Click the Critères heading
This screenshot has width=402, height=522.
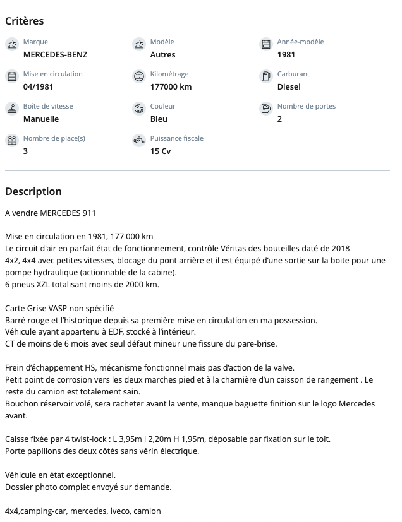[25, 21]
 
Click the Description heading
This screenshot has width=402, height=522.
[33, 191]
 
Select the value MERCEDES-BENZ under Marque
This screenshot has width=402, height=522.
[56, 54]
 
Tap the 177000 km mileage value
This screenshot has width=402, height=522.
[171, 86]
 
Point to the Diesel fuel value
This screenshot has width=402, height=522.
[289, 86]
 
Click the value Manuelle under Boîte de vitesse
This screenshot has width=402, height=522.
[41, 119]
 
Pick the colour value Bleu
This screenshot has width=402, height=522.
[159, 119]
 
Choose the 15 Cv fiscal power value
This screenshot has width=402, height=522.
[161, 151]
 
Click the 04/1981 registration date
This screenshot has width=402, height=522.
[38, 86]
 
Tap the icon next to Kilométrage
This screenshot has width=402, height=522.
[139, 76]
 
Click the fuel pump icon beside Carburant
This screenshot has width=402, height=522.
[266, 76]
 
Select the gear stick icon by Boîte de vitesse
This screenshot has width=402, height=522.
[11, 109]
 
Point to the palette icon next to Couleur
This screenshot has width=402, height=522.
[139, 109]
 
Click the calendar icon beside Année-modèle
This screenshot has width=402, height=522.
[266, 44]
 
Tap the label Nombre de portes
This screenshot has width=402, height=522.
[307, 106]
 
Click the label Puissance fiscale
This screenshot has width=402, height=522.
[177, 138]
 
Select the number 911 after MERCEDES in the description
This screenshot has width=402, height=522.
[88, 213]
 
